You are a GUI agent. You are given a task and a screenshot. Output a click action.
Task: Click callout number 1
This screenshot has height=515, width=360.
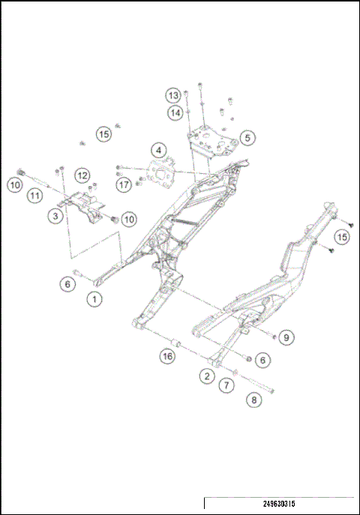point(94,299)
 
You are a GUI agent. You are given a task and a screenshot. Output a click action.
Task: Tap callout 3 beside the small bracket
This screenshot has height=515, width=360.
point(55,217)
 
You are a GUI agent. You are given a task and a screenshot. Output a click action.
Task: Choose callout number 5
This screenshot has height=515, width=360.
point(247,139)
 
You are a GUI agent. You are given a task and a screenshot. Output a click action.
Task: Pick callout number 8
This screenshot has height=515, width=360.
point(254,400)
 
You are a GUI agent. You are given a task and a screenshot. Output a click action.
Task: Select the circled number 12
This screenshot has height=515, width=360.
point(82,175)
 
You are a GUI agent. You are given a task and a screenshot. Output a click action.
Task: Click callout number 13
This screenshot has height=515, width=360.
point(174,95)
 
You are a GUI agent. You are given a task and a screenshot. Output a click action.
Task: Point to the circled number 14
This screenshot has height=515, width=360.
point(175,112)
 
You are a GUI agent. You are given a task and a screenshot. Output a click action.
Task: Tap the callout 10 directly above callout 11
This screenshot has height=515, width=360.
point(14,184)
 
